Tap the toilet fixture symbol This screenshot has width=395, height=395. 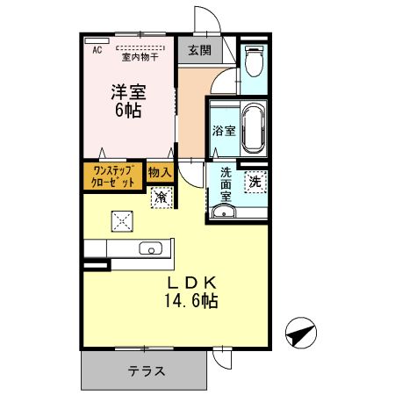pos(253,61)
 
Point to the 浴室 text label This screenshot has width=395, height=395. pos(222,131)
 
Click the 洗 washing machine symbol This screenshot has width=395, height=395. pos(254,183)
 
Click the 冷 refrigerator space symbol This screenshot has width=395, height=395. pos(161,197)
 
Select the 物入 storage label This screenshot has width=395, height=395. pos(159,174)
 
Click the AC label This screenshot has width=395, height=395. pos(97,50)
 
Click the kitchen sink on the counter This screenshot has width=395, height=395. pos(149,249)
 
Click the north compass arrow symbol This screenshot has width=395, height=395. pos(299,333)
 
